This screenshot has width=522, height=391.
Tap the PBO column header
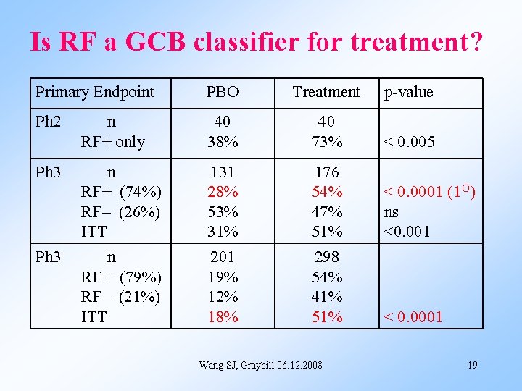pos(223,92)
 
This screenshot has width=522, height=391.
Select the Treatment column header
pos(326,92)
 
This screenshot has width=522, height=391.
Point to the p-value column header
pos(408,92)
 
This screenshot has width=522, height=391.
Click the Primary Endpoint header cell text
pos(95,92)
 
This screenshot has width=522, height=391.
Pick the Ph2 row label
pos(49,121)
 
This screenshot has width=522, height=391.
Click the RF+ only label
pos(112,141)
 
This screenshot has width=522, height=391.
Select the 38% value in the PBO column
pos(223,141)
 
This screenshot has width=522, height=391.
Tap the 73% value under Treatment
pos(326,141)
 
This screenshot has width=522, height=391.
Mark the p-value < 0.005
pos(410,141)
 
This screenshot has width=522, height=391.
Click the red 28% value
pos(223,192)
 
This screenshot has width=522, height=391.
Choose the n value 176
pos(326,172)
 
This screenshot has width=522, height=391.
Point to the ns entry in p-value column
pos(391,212)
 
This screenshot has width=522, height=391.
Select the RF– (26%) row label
pos(120,212)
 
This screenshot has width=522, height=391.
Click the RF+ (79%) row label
pos(120,277)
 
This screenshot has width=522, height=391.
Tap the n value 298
pos(326,257)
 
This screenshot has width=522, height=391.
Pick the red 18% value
pos(223,316)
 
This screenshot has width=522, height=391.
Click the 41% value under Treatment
pos(326,297)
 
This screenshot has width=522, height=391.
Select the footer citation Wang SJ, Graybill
pos(260,365)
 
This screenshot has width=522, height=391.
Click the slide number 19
pos(472,365)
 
